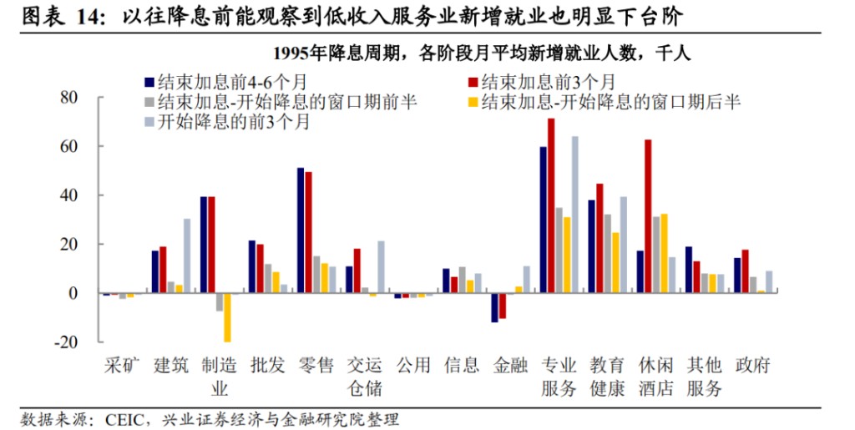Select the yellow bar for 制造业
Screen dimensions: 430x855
[x=227, y=317]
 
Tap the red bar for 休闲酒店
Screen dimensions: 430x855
[x=648, y=216]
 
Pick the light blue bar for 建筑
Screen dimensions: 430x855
[x=187, y=255]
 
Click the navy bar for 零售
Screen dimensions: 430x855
[x=301, y=230]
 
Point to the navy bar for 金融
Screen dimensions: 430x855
[x=494, y=307]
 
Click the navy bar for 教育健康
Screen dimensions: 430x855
[x=591, y=246]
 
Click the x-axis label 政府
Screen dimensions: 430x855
[x=752, y=365]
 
